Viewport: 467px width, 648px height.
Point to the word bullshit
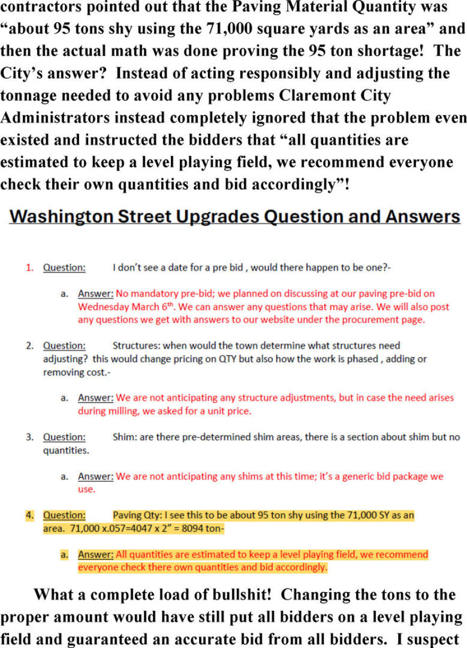230,594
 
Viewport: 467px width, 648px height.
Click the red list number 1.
29,268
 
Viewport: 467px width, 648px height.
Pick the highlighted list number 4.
29,515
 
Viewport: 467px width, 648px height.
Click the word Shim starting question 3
123,437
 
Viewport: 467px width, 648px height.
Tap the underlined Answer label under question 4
96,555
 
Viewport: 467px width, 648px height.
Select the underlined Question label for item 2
64,346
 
